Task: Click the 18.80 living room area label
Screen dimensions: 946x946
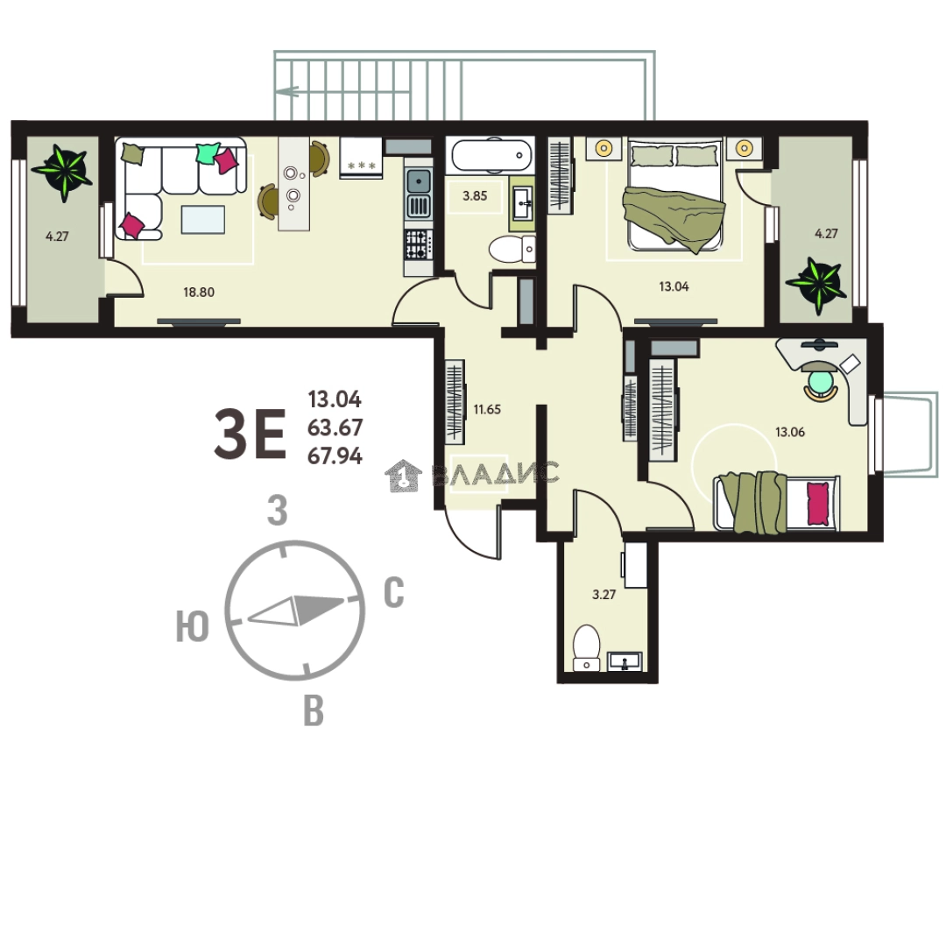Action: pyautogui.click(x=199, y=293)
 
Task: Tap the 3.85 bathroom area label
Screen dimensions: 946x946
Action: pyautogui.click(x=475, y=196)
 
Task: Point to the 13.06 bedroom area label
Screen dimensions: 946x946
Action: pyautogui.click(x=790, y=431)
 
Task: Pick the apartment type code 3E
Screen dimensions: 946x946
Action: pyautogui.click(x=250, y=435)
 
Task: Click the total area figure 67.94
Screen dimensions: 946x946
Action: pyautogui.click(x=335, y=455)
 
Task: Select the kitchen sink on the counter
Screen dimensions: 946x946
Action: pyautogui.click(x=420, y=182)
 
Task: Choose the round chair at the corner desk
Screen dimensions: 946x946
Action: pyautogui.click(x=821, y=382)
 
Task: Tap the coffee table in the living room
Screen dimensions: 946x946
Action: pyautogui.click(x=202, y=219)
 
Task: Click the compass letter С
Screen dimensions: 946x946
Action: pyautogui.click(x=394, y=594)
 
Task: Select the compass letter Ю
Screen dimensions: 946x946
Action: pyautogui.click(x=192, y=628)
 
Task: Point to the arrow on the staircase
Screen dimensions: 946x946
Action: pyautogui.click(x=286, y=89)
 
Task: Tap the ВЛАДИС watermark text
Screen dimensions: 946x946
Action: pyautogui.click(x=496, y=474)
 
